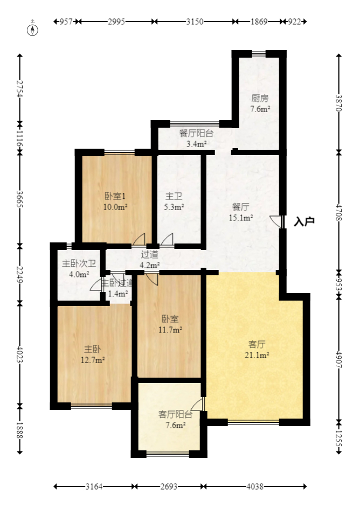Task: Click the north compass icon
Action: tap(33, 28)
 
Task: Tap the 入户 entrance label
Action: tap(304, 221)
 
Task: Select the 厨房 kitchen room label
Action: tap(260, 99)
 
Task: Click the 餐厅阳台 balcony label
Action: tap(196, 134)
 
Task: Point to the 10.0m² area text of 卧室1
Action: tap(116, 206)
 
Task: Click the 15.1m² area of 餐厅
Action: tap(242, 218)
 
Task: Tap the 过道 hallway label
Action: tap(149, 255)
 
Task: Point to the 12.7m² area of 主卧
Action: tap(93, 360)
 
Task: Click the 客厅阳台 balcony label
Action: tap(175, 414)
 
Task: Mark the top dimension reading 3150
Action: tap(195, 22)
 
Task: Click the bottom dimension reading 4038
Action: tap(255, 486)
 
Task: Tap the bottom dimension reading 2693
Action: tap(169, 486)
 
